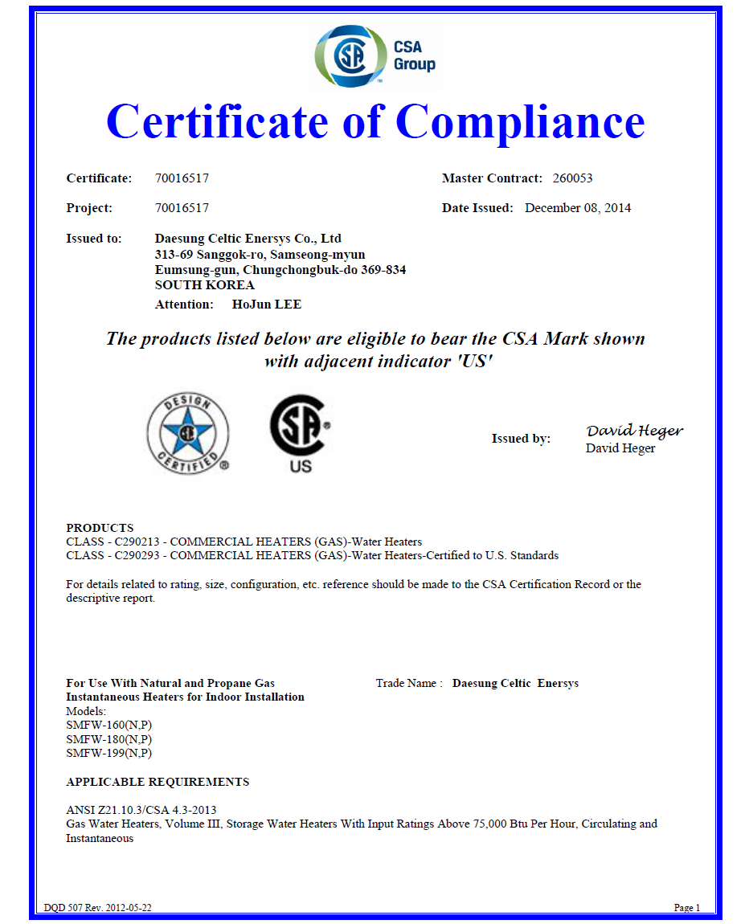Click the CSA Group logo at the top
(x=375, y=55)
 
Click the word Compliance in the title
(x=520, y=121)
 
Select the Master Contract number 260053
(x=573, y=178)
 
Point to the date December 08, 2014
(x=578, y=208)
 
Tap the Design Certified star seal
(x=186, y=433)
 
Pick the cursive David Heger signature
(x=634, y=431)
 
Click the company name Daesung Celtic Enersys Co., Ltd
(x=248, y=239)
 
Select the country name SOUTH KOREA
(x=204, y=285)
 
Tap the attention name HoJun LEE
(x=266, y=305)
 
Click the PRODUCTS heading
(x=100, y=528)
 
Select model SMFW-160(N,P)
(x=108, y=725)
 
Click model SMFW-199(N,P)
(x=108, y=753)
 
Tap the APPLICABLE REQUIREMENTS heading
(x=158, y=782)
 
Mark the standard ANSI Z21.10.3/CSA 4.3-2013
(x=141, y=810)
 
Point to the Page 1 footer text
(x=687, y=908)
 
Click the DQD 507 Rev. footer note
(x=98, y=908)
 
